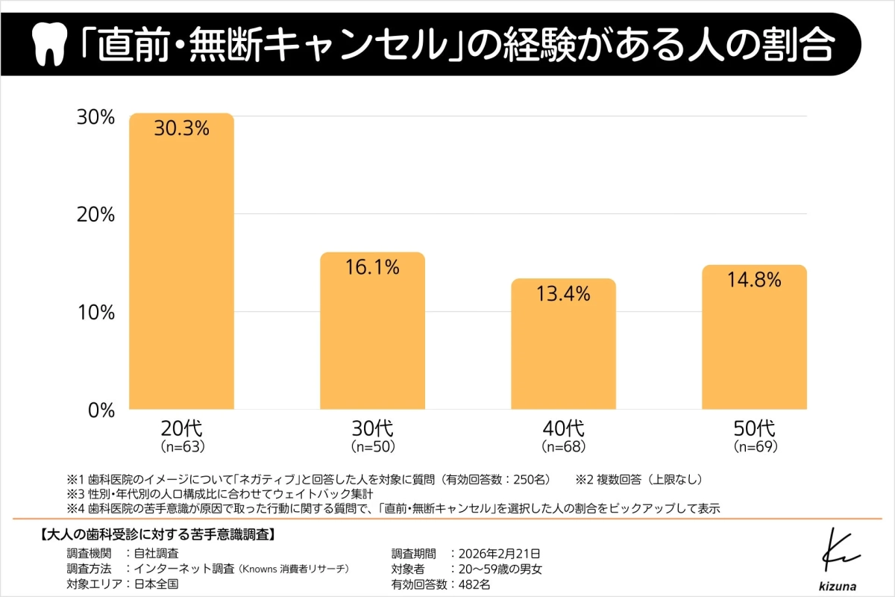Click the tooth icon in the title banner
pyautogui.click(x=50, y=46)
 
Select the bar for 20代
pyautogui.click(x=182, y=269)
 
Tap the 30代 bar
pyautogui.click(x=373, y=336)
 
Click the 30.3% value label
pyautogui.click(x=182, y=128)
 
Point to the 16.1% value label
pyautogui.click(x=373, y=266)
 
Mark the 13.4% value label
pyautogui.click(x=564, y=293)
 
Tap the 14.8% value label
pyautogui.click(x=755, y=280)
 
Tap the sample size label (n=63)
pyautogui.click(x=182, y=448)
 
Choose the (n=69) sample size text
pyautogui.click(x=755, y=448)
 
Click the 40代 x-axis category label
pyautogui.click(x=564, y=429)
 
